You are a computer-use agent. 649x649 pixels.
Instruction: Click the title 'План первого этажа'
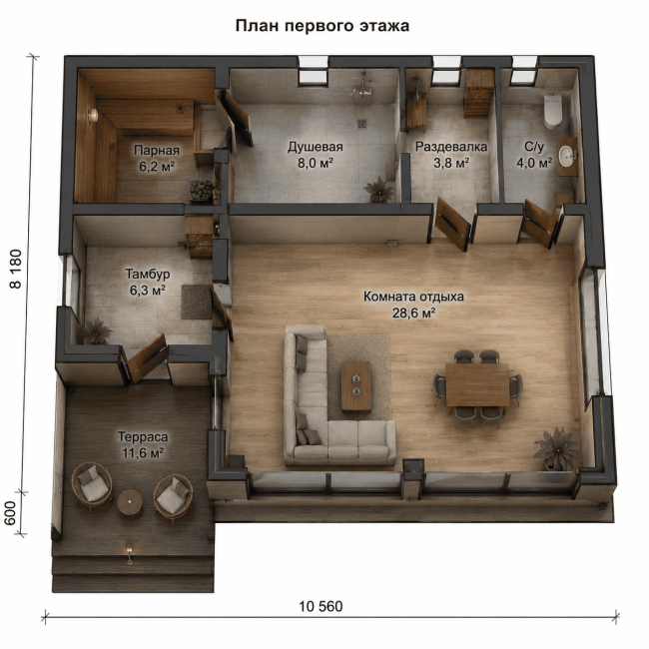[323, 26]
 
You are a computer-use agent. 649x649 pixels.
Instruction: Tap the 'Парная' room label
[157, 150]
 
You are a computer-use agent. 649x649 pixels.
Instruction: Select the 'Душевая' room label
[316, 147]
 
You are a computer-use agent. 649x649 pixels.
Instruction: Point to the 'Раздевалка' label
[451, 147]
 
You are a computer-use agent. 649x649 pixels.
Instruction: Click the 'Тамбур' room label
[148, 274]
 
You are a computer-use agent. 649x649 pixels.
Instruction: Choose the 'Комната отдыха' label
[413, 297]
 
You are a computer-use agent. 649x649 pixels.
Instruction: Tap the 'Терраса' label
[143, 436]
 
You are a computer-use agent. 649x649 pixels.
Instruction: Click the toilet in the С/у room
[552, 112]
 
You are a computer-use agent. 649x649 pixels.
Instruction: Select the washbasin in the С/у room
[567, 156]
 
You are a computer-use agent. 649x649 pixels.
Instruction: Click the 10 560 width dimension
[321, 607]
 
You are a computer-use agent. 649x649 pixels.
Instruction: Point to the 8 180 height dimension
[16, 269]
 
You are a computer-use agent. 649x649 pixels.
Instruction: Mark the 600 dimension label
[10, 513]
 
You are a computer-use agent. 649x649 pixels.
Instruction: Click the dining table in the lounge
[477, 385]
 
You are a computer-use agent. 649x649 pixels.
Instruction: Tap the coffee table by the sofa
[356, 386]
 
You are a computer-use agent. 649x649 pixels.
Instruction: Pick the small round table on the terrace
[130, 502]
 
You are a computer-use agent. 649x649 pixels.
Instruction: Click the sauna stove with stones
[202, 190]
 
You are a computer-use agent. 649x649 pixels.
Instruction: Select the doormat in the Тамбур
[196, 303]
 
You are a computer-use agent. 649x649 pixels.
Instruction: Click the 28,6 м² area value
[413, 313]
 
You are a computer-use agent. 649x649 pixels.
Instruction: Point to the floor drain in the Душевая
[362, 123]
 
